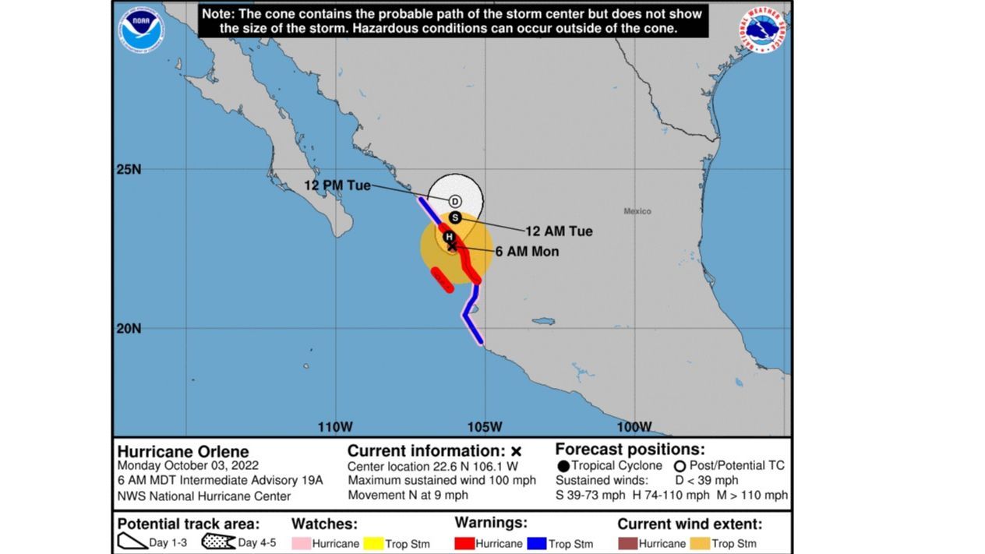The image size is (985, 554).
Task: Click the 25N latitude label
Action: click(129, 169)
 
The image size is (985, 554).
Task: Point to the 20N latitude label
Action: click(129, 328)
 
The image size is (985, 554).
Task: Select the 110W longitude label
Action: click(335, 427)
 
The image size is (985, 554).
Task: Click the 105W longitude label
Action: click(485, 427)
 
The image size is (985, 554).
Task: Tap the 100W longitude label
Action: click(634, 427)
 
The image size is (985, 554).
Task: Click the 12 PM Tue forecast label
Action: click(337, 185)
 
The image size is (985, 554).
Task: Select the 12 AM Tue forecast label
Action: click(558, 231)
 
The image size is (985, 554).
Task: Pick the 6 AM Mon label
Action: click(527, 252)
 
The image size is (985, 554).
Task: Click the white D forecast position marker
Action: click(455, 201)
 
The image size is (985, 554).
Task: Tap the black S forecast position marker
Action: click(456, 217)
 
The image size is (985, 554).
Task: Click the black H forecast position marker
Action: click(449, 236)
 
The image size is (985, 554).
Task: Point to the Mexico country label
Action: click(637, 211)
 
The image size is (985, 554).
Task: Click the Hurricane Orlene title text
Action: click(183, 452)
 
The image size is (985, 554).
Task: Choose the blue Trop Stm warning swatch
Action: click(537, 543)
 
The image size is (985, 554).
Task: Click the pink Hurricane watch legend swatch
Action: click(301, 543)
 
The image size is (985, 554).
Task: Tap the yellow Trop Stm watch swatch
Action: click(373, 543)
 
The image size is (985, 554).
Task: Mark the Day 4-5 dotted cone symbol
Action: click(217, 542)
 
